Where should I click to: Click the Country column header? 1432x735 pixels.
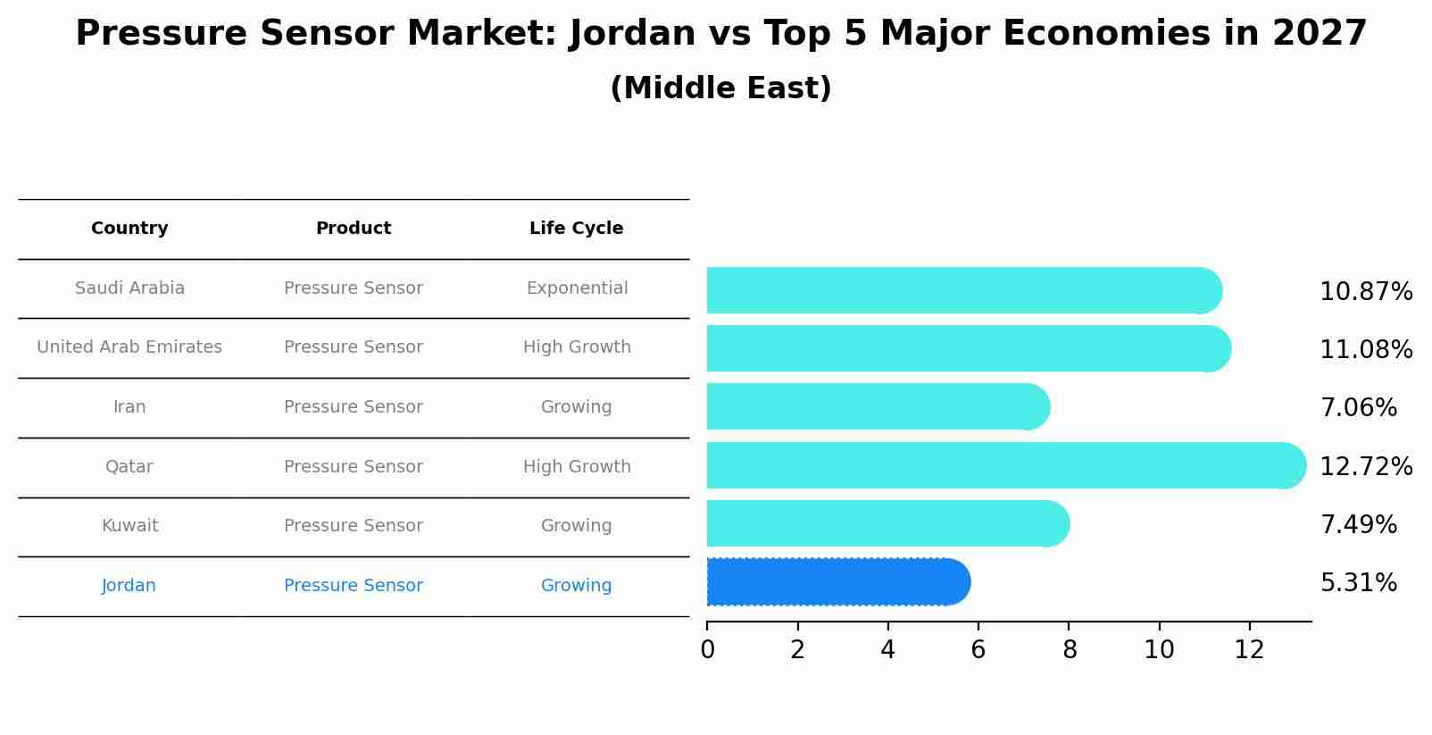[129, 229]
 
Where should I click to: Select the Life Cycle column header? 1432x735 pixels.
[576, 229]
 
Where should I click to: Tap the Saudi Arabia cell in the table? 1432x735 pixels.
[129, 288]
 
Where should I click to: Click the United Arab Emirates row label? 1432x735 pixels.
[129, 347]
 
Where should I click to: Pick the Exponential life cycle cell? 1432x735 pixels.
[577, 288]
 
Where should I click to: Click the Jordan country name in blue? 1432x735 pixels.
[129, 586]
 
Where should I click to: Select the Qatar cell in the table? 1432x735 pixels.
[129, 467]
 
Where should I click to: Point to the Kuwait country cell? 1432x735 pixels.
[129, 526]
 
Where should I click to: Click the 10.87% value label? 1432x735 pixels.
[1366, 292]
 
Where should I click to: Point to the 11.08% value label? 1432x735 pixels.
[1366, 350]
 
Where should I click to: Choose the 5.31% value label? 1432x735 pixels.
[1358, 583]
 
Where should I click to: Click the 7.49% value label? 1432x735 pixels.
[1358, 525]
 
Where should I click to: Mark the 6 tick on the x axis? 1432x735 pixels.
[978, 650]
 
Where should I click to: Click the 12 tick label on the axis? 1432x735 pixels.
[1249, 650]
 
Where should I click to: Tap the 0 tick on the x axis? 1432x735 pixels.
[707, 650]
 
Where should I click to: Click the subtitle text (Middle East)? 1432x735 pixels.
[720, 88]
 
